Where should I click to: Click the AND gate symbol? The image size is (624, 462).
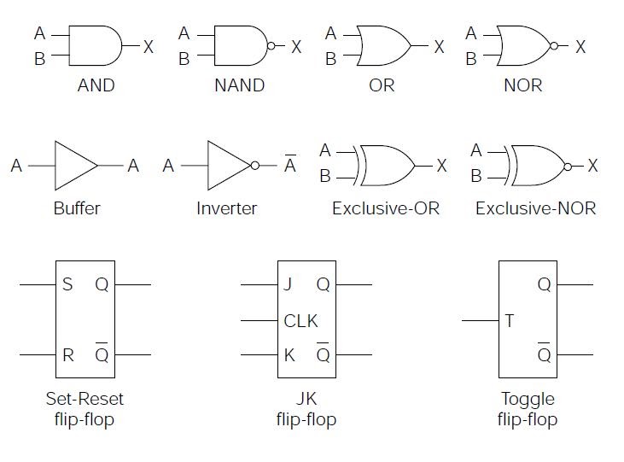point(94,46)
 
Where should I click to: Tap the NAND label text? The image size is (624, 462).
point(239,85)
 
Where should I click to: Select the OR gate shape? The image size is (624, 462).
point(382,46)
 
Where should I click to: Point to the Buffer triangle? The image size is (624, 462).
point(75,166)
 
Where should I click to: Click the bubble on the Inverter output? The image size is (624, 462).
point(254,166)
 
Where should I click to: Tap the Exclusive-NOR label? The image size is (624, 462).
point(535,208)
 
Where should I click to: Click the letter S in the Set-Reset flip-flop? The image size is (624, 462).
point(68,284)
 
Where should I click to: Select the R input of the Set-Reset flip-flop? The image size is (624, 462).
point(68,354)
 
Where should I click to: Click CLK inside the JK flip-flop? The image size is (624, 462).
point(300,321)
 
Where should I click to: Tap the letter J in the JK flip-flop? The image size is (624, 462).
point(288,284)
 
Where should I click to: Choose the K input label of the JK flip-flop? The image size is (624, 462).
point(289,354)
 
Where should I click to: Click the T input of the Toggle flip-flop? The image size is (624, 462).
point(510,321)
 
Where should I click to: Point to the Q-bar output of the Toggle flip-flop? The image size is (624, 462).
point(544,354)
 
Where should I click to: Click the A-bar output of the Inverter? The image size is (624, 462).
point(290,165)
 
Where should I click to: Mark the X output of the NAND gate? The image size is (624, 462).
point(296,47)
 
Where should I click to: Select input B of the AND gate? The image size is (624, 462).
point(38,60)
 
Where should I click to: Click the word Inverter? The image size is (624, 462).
point(226,208)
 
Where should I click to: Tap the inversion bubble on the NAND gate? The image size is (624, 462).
point(271,46)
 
